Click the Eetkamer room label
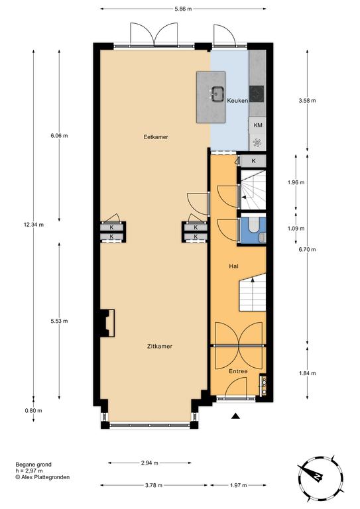click(156, 137)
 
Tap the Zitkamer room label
click(160, 347)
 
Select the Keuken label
click(237, 101)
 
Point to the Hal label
click(234, 266)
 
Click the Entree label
click(238, 371)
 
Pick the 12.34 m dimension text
click(33, 225)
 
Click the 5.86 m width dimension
click(183, 9)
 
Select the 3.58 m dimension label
click(307, 101)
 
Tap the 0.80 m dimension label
click(33, 411)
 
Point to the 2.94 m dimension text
click(150, 463)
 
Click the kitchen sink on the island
click(217, 94)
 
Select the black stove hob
click(257, 94)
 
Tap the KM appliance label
click(258, 125)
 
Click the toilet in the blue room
click(253, 225)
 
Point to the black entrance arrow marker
click(236, 416)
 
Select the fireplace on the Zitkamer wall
click(107, 323)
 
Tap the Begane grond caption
click(33, 465)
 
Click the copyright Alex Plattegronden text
click(42, 477)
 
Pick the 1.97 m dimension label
click(238, 485)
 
